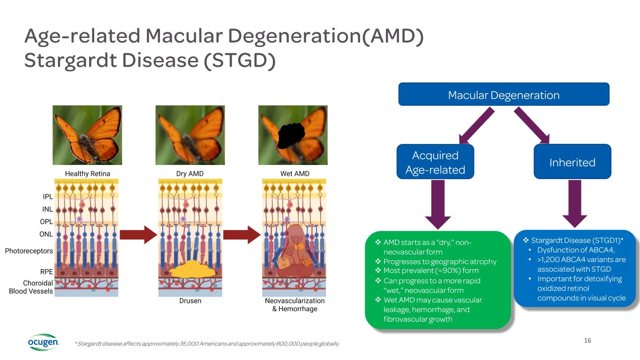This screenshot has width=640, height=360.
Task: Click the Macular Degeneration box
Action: (x=504, y=95)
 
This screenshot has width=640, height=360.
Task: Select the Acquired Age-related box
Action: (x=435, y=162)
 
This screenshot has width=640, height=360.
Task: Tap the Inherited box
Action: (x=572, y=162)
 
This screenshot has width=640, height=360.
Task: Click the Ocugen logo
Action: (x=43, y=343)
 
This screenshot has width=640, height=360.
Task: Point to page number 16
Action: (x=588, y=340)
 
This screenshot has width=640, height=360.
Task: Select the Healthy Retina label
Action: (x=87, y=174)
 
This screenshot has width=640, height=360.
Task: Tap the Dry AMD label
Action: (x=190, y=174)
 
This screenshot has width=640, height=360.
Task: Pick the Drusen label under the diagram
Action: (x=190, y=301)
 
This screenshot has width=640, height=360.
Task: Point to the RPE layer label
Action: (x=46, y=271)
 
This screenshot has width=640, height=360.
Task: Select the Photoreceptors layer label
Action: (x=29, y=251)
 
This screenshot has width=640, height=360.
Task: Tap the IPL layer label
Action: (x=47, y=197)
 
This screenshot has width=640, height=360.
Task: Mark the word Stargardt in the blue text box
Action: (x=547, y=240)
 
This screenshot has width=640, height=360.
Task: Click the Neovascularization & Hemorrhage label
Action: (x=294, y=305)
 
